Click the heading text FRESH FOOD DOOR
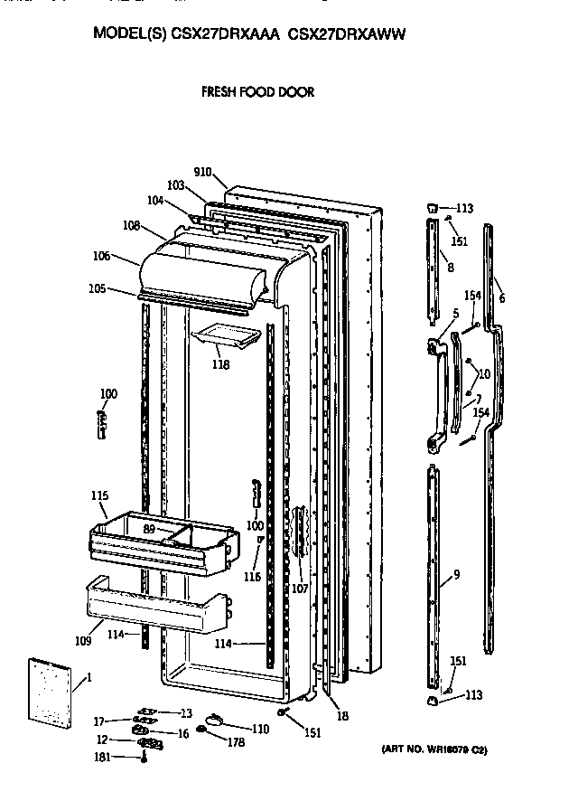258,92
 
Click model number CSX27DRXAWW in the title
348,35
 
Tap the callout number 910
202,172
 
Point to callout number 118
220,365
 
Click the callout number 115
100,495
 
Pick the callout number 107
300,589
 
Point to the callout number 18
342,716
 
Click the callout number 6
501,299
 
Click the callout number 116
252,576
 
